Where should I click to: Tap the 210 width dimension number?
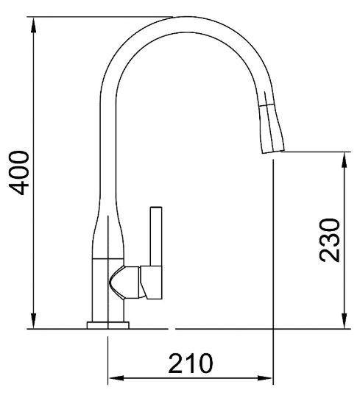(191, 363)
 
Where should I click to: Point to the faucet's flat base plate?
(108, 324)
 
